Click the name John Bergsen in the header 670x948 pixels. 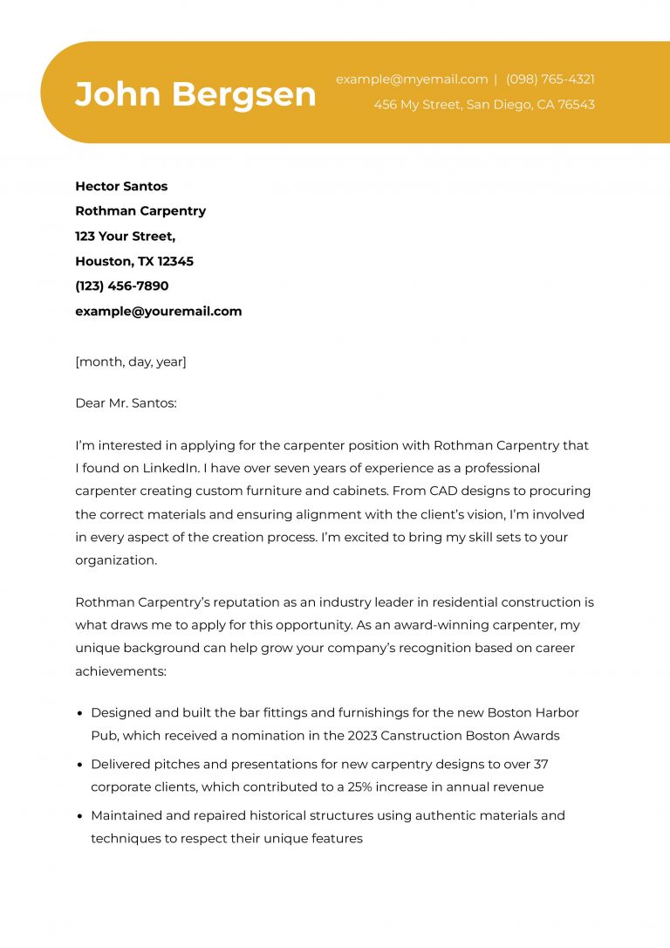click(195, 94)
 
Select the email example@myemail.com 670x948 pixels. click(412, 79)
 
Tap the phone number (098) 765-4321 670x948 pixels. click(550, 79)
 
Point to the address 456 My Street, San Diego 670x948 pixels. click(484, 105)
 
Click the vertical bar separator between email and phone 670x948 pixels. click(496, 79)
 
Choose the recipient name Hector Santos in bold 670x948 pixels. click(121, 186)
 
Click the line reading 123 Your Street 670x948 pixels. click(125, 236)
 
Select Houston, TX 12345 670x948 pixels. click(134, 261)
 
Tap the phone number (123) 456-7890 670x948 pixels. click(121, 285)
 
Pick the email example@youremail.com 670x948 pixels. click(158, 311)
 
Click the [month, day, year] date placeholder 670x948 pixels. click(130, 361)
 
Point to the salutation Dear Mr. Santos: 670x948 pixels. click(126, 403)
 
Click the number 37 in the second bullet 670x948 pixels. click(540, 764)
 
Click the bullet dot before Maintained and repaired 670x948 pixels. click(80, 816)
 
